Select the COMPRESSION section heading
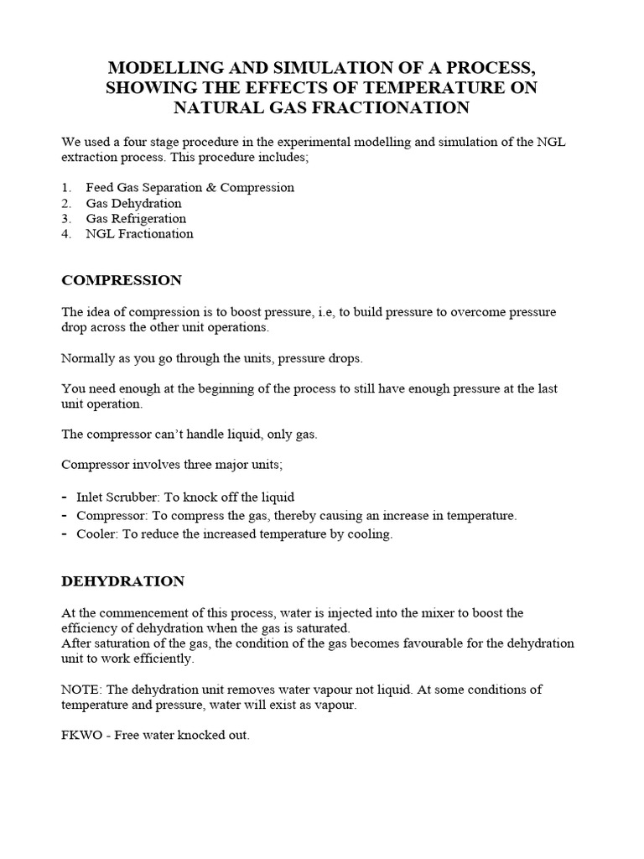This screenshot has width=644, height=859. pyautogui.click(x=121, y=279)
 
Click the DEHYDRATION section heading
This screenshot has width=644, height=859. pyautogui.click(x=122, y=580)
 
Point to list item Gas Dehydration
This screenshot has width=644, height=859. pyautogui.click(x=133, y=203)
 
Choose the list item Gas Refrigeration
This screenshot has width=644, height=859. pyautogui.click(x=136, y=218)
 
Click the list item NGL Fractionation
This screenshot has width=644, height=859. pyautogui.click(x=139, y=234)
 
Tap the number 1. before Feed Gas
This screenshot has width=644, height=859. pyautogui.click(x=66, y=187)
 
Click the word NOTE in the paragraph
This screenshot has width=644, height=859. pyautogui.click(x=80, y=689)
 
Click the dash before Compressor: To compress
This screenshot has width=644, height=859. pyautogui.click(x=65, y=516)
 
